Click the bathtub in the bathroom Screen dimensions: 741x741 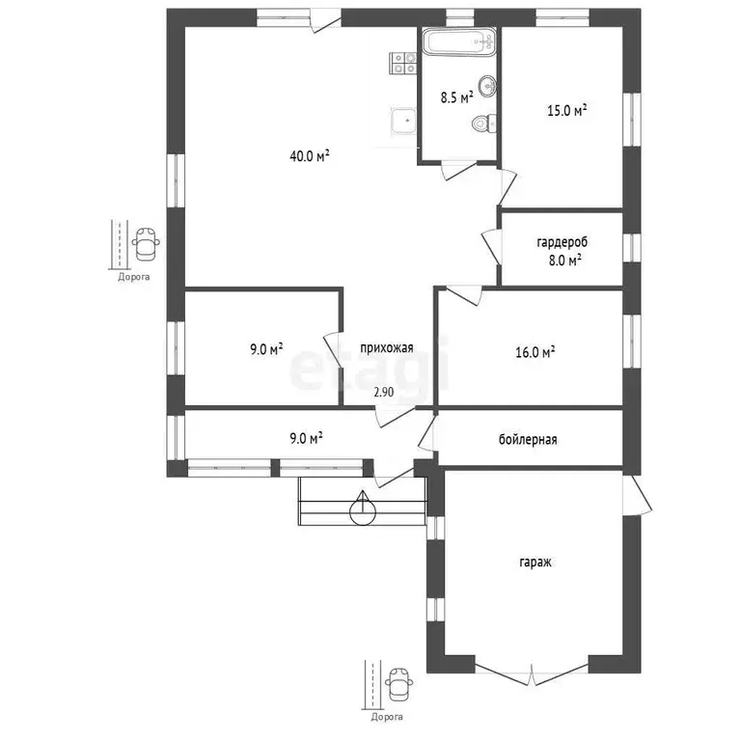click(x=459, y=42)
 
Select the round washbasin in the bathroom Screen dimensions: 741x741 click(x=487, y=86)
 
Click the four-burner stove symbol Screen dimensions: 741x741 click(x=403, y=64)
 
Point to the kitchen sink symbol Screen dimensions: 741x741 click(x=403, y=122)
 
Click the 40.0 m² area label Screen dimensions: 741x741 click(x=310, y=155)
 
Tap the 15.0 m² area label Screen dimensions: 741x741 click(x=567, y=111)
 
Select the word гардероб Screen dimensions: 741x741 click(x=563, y=242)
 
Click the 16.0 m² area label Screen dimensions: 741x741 click(x=535, y=352)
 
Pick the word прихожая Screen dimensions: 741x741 click(x=387, y=348)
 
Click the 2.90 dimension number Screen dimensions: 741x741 click(x=384, y=393)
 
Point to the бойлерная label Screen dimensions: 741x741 click(x=528, y=440)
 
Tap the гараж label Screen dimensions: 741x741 click(x=535, y=563)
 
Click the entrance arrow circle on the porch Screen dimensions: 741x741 click(x=363, y=511)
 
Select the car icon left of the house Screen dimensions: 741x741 click(x=146, y=244)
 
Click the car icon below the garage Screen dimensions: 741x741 click(x=398, y=683)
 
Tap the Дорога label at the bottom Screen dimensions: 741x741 click(x=387, y=718)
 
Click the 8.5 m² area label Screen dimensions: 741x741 click(x=457, y=97)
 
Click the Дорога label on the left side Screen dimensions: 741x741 click(x=134, y=277)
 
